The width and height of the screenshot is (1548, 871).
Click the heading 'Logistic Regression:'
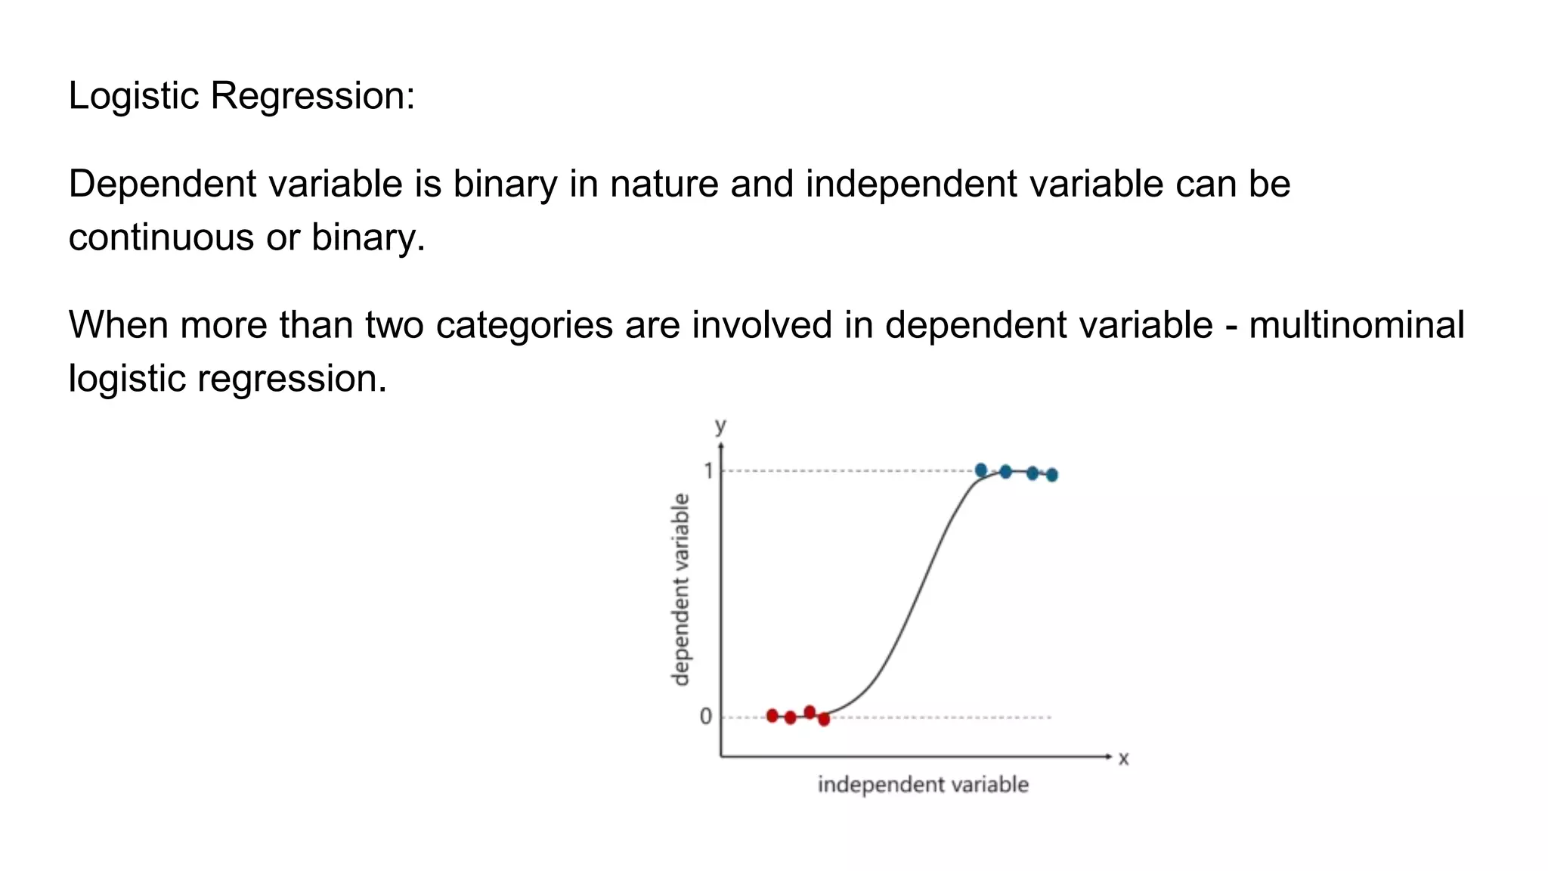(241, 96)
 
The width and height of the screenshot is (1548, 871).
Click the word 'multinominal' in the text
(1356, 325)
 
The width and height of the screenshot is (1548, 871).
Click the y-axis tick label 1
(708, 471)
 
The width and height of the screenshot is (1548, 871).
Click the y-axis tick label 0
(705, 716)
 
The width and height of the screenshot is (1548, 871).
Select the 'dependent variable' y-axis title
(681, 590)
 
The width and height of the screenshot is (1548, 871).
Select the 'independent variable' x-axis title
(923, 785)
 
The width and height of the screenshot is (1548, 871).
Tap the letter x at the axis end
(1123, 758)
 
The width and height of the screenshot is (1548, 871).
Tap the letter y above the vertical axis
(720, 426)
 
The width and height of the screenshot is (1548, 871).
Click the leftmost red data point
(772, 715)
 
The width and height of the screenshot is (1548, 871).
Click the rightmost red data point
(824, 720)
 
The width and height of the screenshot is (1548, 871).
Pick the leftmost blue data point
(981, 470)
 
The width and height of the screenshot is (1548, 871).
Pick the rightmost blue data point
(1051, 475)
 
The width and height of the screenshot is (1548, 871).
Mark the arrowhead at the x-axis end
(1108, 756)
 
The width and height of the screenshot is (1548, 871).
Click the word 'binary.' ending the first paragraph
(369, 237)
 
